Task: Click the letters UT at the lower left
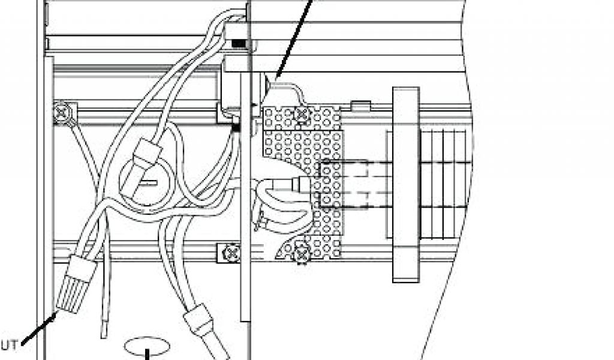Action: coord(10,344)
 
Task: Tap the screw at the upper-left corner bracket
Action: coord(62,112)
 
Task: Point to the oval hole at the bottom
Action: coord(146,346)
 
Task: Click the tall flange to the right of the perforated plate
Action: coord(405,184)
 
